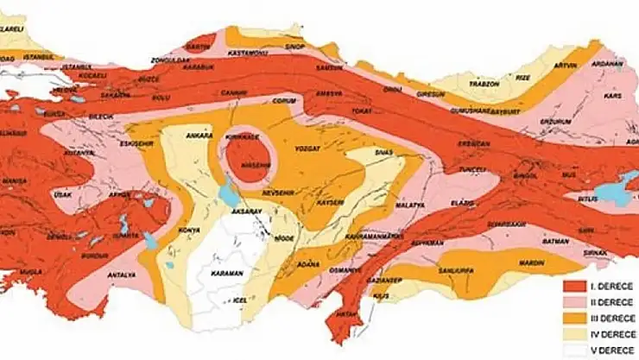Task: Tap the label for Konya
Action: tap(189, 231)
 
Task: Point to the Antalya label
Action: tap(122, 275)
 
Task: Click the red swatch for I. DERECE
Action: tap(573, 286)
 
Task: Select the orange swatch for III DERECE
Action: tap(573, 319)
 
